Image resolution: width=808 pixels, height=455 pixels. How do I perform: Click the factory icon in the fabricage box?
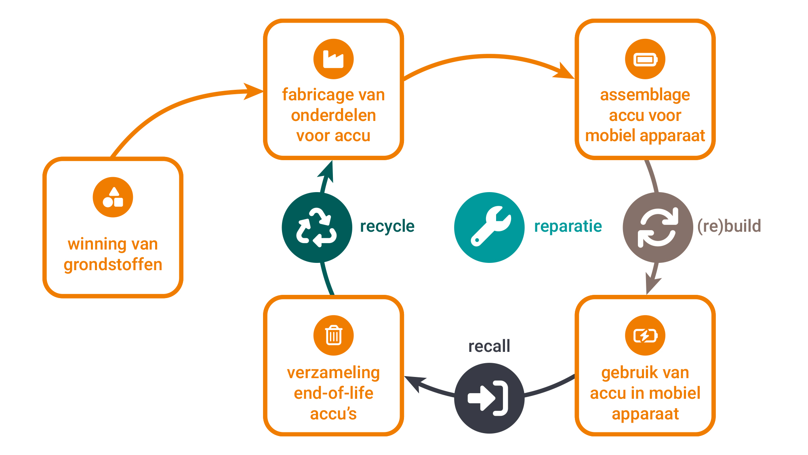(333, 59)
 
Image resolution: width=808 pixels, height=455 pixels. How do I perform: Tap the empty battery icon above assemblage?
(645, 59)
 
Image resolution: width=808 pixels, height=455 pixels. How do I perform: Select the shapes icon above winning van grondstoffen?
(113, 197)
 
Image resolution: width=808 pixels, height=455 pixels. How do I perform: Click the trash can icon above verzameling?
(333, 335)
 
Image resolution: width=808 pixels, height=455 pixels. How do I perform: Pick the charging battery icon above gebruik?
(645, 335)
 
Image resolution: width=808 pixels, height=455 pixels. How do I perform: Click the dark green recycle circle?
(317, 227)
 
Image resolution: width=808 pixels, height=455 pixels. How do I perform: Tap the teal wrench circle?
(489, 227)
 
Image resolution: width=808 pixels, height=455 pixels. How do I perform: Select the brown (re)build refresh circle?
(658, 227)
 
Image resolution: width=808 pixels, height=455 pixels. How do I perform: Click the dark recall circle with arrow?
(489, 398)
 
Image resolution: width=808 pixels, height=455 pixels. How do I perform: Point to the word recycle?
(387, 226)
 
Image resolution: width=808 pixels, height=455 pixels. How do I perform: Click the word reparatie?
(568, 226)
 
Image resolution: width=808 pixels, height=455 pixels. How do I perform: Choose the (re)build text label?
(729, 226)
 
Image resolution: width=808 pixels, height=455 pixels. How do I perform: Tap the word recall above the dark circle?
(489, 346)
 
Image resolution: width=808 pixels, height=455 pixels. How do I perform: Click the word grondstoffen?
(113, 265)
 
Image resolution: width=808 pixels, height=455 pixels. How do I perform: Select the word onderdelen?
(333, 115)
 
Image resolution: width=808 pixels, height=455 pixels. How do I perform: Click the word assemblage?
(645, 95)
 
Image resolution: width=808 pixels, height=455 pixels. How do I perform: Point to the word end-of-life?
(333, 393)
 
